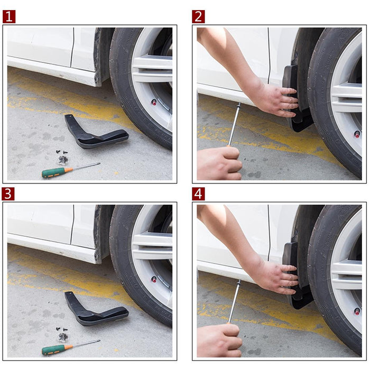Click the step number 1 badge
coord(9,16)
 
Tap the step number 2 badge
coord(198,16)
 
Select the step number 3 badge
coord(9,194)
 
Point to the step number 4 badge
coord(198,194)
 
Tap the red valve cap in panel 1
coord(154,101)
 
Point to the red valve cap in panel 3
coord(154,279)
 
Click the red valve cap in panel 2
coord(357,134)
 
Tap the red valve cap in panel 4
coord(357,311)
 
